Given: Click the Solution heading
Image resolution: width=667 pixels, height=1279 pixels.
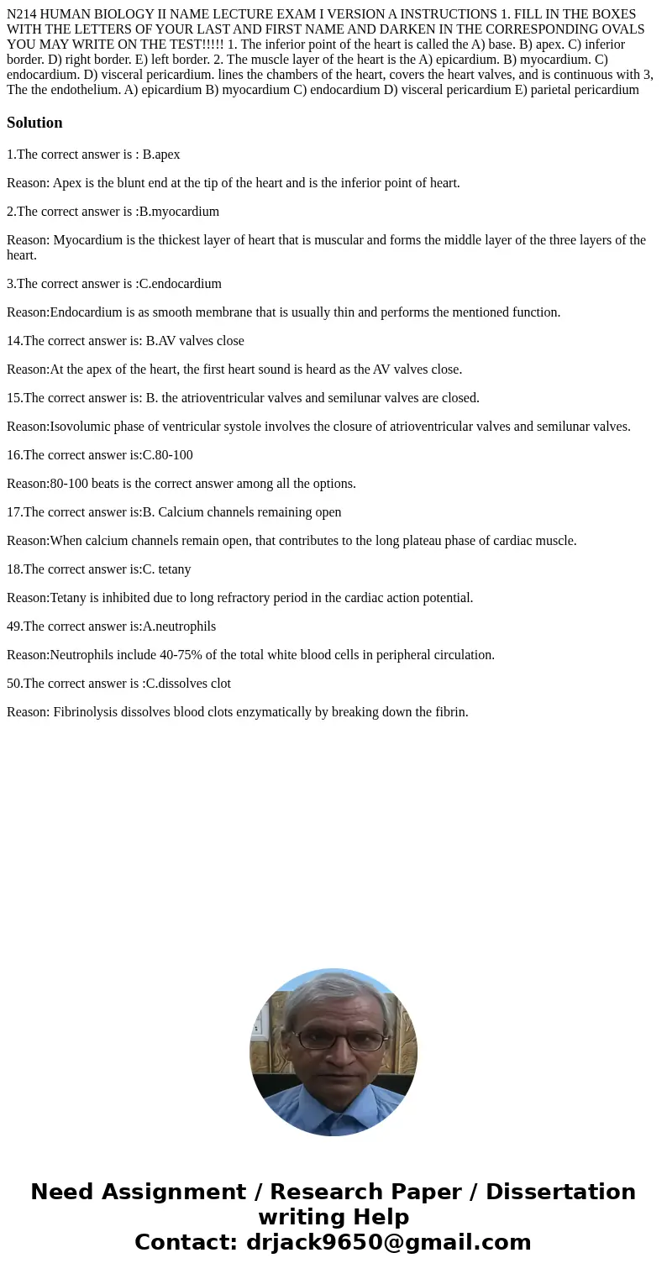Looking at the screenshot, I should pos(34,123).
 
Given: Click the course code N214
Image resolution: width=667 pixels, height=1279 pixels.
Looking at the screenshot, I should pos(24,14).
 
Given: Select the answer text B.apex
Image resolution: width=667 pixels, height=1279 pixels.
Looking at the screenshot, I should pos(161,155).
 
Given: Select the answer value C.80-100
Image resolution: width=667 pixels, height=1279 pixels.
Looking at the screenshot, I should pos(168,455).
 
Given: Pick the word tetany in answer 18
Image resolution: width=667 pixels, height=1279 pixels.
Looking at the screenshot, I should pos(174,569).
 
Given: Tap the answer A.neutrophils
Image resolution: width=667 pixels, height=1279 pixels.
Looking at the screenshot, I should pos(180,626).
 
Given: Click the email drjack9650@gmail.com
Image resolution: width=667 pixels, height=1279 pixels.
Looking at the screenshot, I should pos(388,1243).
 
